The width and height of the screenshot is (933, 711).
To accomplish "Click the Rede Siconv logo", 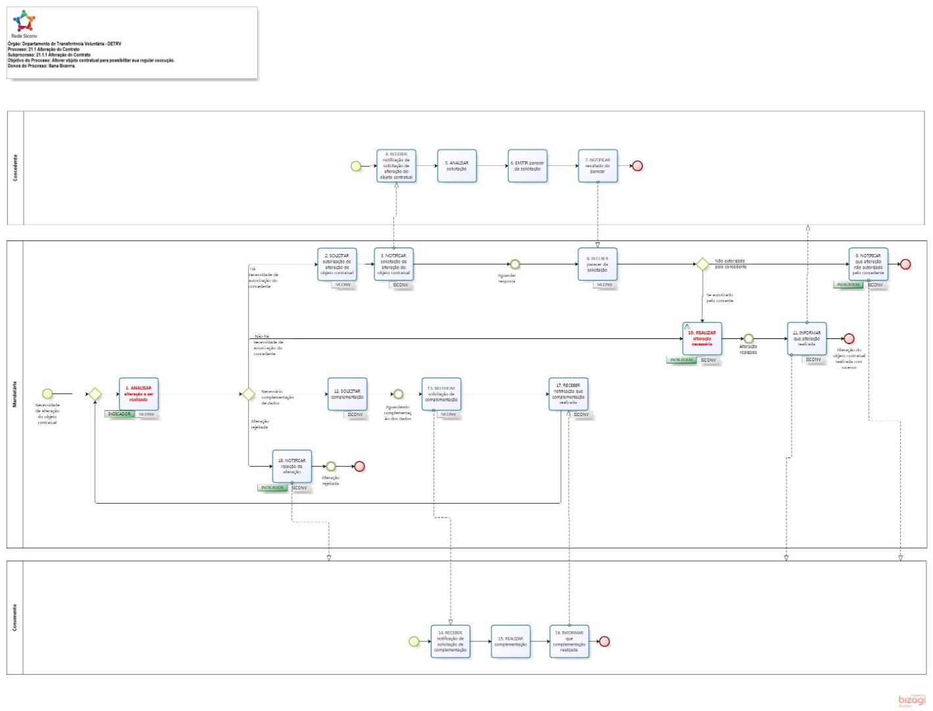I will pyautogui.click(x=24, y=22).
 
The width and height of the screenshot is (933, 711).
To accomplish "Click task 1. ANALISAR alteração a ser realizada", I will pyautogui.click(x=138, y=394).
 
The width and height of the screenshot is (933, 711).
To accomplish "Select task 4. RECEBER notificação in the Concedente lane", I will pyautogui.click(x=396, y=166).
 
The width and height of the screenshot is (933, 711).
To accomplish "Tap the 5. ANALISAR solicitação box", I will pyautogui.click(x=457, y=166).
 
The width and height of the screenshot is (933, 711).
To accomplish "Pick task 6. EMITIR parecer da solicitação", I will pyautogui.click(x=527, y=166).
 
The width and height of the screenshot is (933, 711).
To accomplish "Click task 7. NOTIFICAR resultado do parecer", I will pyautogui.click(x=597, y=166).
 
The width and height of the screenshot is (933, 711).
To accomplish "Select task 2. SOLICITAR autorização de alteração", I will pyautogui.click(x=337, y=264).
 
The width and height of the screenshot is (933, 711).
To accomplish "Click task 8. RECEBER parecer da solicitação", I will pyautogui.click(x=597, y=264).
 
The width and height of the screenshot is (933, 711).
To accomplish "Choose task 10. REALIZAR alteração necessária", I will pyautogui.click(x=702, y=338).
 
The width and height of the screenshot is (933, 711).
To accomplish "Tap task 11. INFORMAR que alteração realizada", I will pyautogui.click(x=807, y=338).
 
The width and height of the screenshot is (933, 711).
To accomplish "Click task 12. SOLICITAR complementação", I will pyautogui.click(x=347, y=394).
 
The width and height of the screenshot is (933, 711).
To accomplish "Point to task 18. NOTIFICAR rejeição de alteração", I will pyautogui.click(x=291, y=466).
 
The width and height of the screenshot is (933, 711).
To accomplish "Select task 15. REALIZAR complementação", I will pyautogui.click(x=511, y=641).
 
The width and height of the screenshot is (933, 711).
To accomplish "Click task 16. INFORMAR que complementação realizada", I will pyautogui.click(x=569, y=641).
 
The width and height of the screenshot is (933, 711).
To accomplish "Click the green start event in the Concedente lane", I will pyautogui.click(x=356, y=166).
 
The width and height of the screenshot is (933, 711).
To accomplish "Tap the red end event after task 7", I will pyautogui.click(x=637, y=166).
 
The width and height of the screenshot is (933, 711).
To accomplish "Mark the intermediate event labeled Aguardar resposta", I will pyautogui.click(x=515, y=264).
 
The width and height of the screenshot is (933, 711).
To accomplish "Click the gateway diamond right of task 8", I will pyautogui.click(x=702, y=264).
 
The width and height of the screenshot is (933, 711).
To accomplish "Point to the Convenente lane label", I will pyautogui.click(x=15, y=618).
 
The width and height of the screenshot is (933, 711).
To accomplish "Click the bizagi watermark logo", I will pyautogui.click(x=911, y=700).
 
